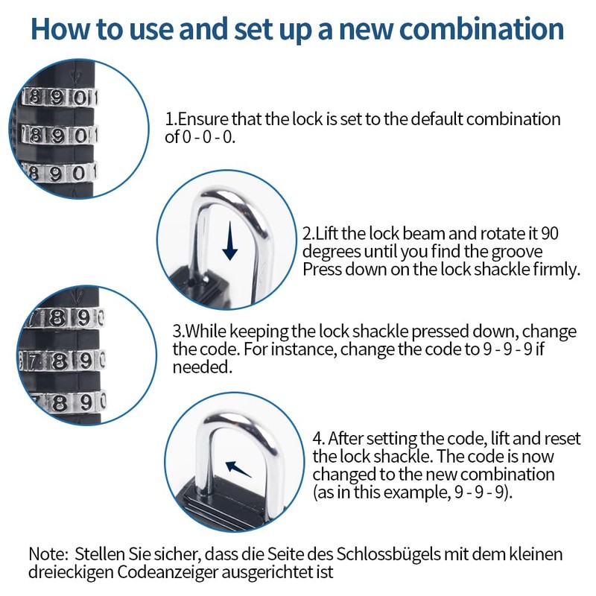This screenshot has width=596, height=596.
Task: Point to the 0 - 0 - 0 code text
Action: coord(209,137)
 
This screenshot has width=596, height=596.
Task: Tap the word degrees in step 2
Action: coord(329,251)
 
